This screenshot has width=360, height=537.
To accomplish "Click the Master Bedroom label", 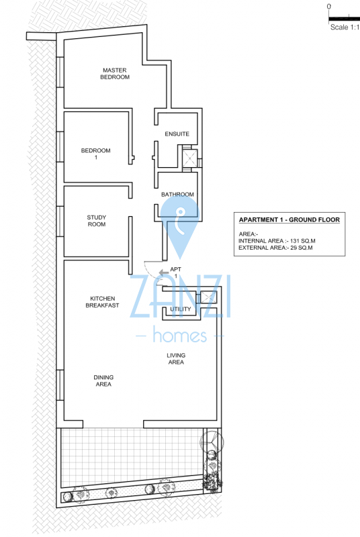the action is pos(115,74).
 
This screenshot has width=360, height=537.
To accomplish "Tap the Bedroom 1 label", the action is pos(95,154).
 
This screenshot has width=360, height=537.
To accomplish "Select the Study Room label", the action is pos(97,221).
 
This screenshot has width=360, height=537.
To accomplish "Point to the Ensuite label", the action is pos(177,134).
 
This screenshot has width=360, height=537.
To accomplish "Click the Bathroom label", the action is pos(177,194).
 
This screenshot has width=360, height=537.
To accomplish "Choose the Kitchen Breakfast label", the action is pos(102,302).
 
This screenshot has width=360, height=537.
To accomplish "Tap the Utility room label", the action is pos(181,309).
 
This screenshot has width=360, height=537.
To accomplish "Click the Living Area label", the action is pos(176,358).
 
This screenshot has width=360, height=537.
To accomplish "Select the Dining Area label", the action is pos(103,381).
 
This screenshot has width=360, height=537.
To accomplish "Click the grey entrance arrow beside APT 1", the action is pos(164,273).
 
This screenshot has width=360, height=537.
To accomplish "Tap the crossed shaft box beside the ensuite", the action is pos(190,158).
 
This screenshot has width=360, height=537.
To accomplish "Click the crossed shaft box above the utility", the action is pos(208,297).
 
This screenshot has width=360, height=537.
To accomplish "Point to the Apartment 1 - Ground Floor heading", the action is pos(289,220).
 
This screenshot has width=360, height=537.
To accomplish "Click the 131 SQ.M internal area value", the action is pos(303,241).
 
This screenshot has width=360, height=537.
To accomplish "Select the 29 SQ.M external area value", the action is pos(302,248).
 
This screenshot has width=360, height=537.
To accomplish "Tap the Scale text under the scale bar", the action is pos(345,28).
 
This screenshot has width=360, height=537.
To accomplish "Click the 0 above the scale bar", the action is pos(329,7).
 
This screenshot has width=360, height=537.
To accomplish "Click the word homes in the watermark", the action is pos(180,334).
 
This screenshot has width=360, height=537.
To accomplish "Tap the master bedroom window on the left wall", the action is pos(60,72).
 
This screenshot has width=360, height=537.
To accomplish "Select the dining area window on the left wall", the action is pos(60,385).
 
